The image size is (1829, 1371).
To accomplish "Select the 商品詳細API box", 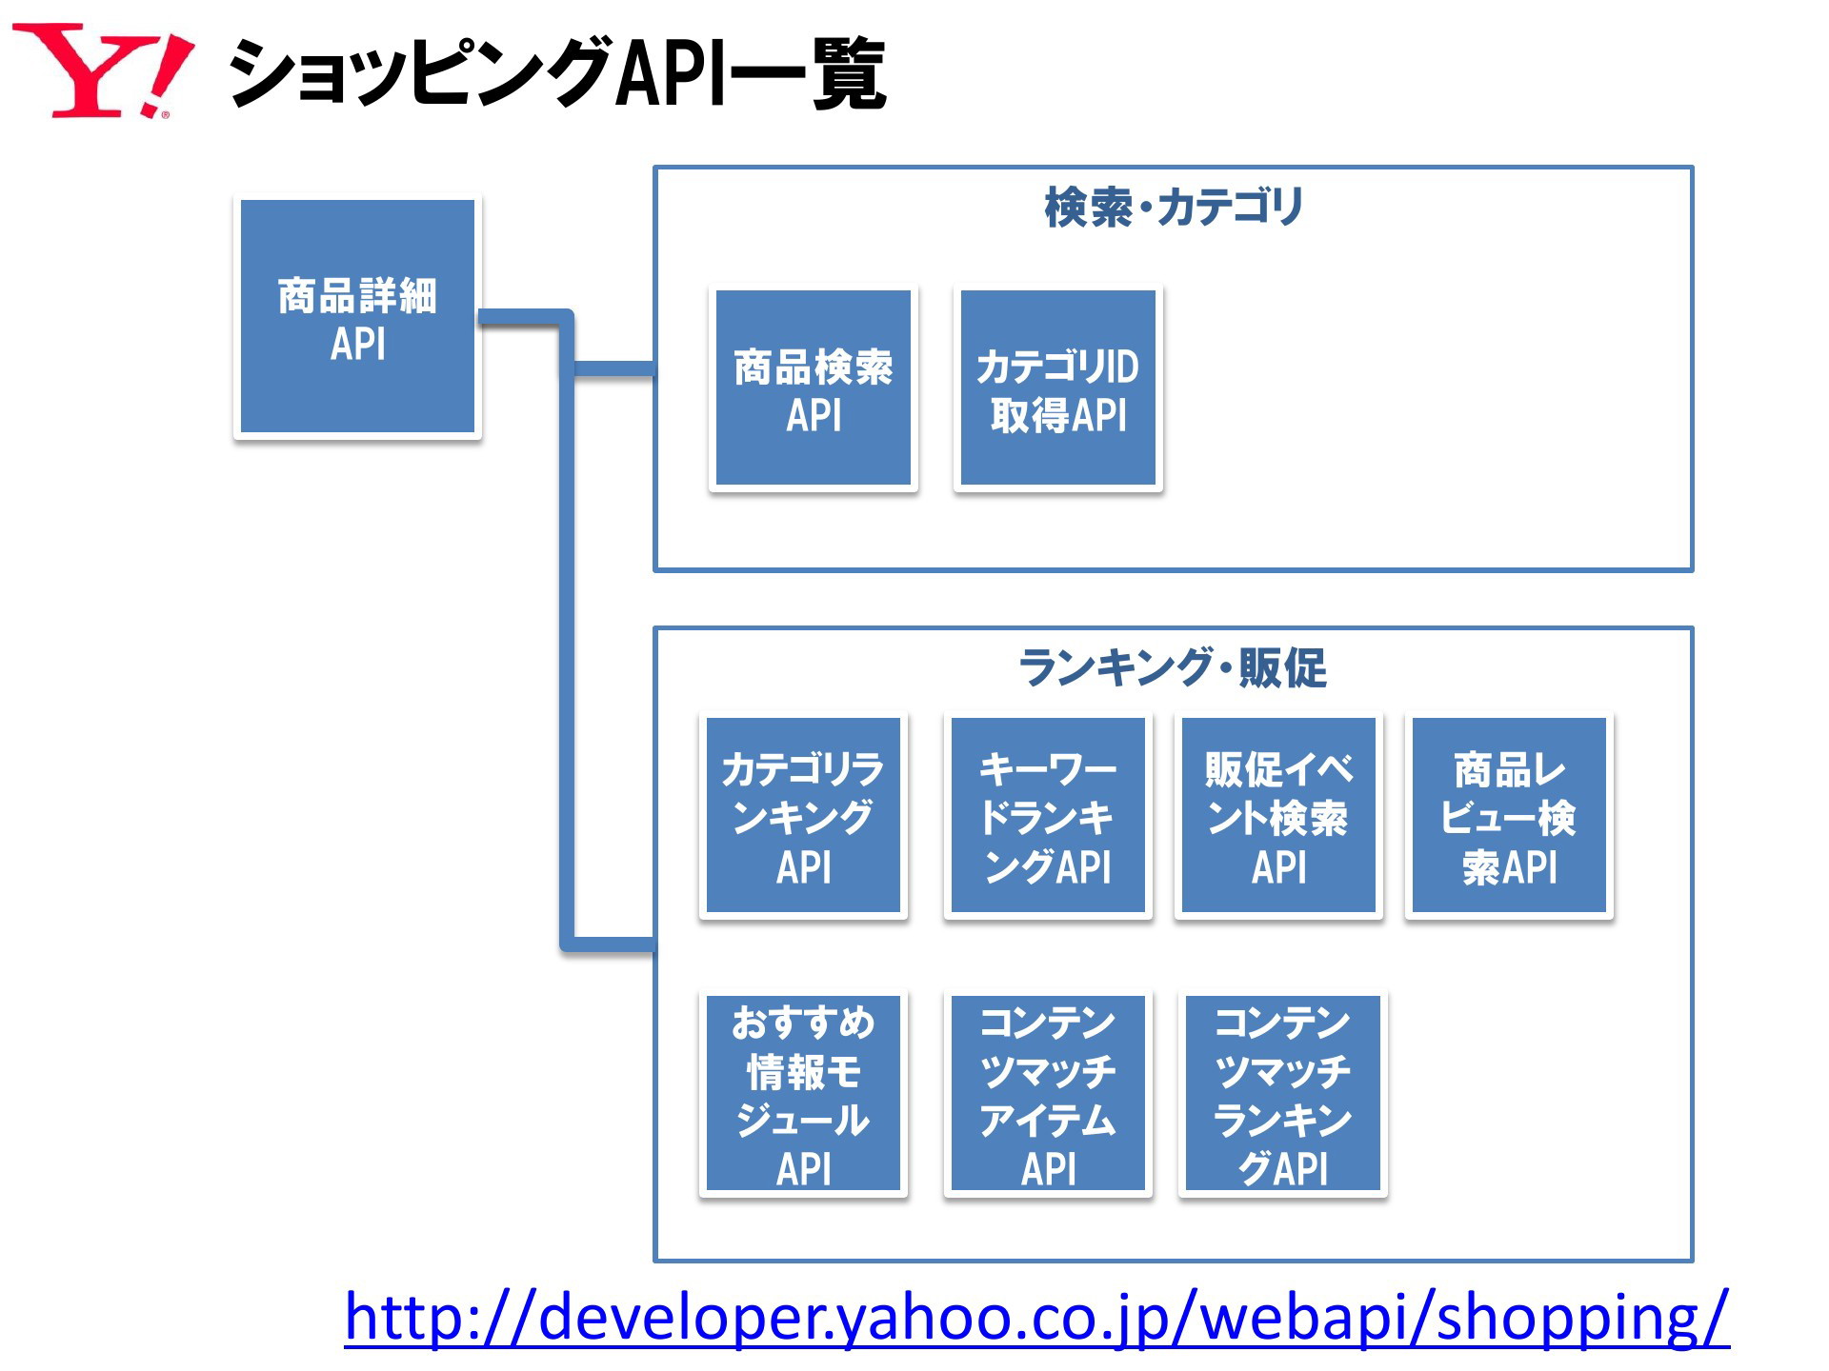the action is pyautogui.click(x=357, y=317).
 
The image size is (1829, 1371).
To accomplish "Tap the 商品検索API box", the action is pyautogui.click(x=814, y=388).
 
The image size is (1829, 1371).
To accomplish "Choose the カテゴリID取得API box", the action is pyautogui.click(x=1057, y=388).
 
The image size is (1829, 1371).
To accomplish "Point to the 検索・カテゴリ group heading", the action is pyautogui.click(x=1174, y=207).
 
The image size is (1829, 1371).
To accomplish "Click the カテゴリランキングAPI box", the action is pyautogui.click(x=803, y=816).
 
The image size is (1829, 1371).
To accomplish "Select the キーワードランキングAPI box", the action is pyautogui.click(x=1048, y=816).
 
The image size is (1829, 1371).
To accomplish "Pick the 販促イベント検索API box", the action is pyautogui.click(x=1278, y=816).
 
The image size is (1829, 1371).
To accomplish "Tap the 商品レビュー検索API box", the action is pyautogui.click(x=1509, y=816).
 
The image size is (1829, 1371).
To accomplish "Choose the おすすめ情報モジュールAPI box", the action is pyautogui.click(x=803, y=1093).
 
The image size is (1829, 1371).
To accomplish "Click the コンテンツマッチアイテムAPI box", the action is pyautogui.click(x=1048, y=1093).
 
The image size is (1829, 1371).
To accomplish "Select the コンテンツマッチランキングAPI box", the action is pyautogui.click(x=1282, y=1093).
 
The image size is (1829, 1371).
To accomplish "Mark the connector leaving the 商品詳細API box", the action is pyautogui.click(x=524, y=318).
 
